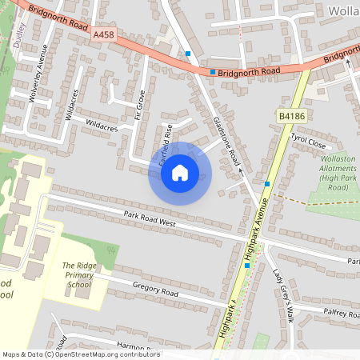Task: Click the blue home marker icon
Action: [179, 173]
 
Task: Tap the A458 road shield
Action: [103, 35]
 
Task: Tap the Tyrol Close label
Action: [308, 142]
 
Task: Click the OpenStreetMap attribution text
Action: [81, 354]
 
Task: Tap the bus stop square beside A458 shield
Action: [188, 54]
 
